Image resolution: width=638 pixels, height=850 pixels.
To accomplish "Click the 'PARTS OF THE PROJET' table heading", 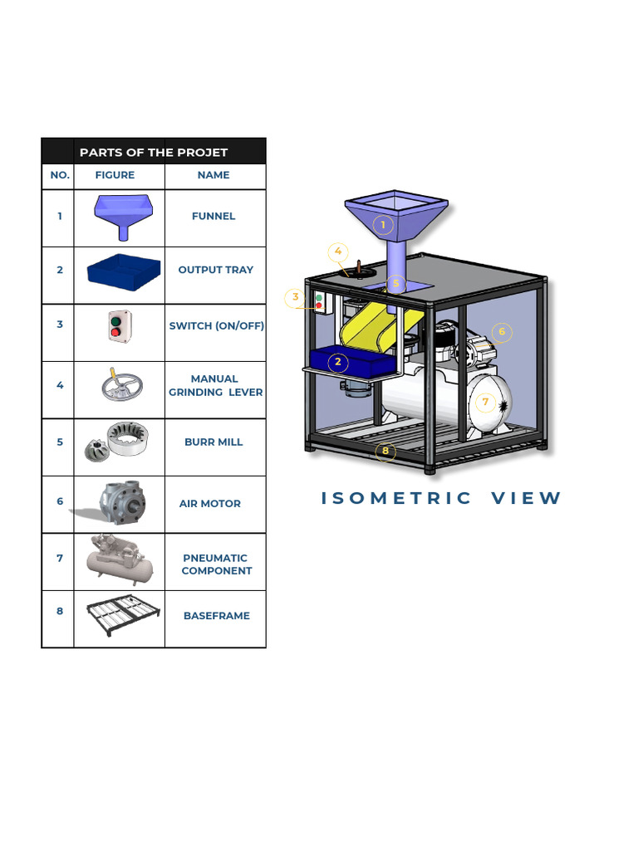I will pyautogui.click(x=153, y=152).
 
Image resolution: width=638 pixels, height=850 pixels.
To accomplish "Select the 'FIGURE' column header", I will pyautogui.click(x=115, y=175).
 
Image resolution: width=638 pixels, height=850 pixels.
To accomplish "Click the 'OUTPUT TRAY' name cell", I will pyautogui.click(x=215, y=270).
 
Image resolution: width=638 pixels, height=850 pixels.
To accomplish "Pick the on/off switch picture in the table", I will pyautogui.click(x=119, y=326).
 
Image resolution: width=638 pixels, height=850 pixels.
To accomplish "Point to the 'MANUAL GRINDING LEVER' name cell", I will pyautogui.click(x=215, y=385).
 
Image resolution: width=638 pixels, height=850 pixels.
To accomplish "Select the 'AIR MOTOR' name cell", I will pyautogui.click(x=209, y=504).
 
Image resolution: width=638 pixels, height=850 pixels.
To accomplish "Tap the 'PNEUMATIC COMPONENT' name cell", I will pyautogui.click(x=216, y=564).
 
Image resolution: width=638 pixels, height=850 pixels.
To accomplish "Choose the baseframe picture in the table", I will pyautogui.click(x=122, y=615).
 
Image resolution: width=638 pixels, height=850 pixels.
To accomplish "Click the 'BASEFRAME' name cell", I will pyautogui.click(x=216, y=616).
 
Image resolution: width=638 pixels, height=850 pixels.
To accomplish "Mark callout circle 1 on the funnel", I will pyautogui.click(x=383, y=225).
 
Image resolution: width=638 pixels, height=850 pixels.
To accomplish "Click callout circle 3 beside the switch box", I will pyautogui.click(x=295, y=297).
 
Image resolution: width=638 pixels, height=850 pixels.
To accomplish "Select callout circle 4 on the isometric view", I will pyautogui.click(x=337, y=252).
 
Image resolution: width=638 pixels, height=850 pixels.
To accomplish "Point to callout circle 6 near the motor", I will pyautogui.click(x=501, y=332).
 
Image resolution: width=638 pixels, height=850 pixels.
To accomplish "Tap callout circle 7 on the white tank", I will pyautogui.click(x=485, y=403).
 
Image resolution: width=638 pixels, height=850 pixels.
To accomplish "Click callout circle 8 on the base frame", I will pyautogui.click(x=385, y=452).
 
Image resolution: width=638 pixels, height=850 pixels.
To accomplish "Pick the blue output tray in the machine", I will pyautogui.click(x=349, y=361).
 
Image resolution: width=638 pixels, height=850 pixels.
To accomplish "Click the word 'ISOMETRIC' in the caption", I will pyautogui.click(x=396, y=498).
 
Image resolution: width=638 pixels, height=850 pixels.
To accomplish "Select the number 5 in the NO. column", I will pyautogui.click(x=60, y=442).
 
